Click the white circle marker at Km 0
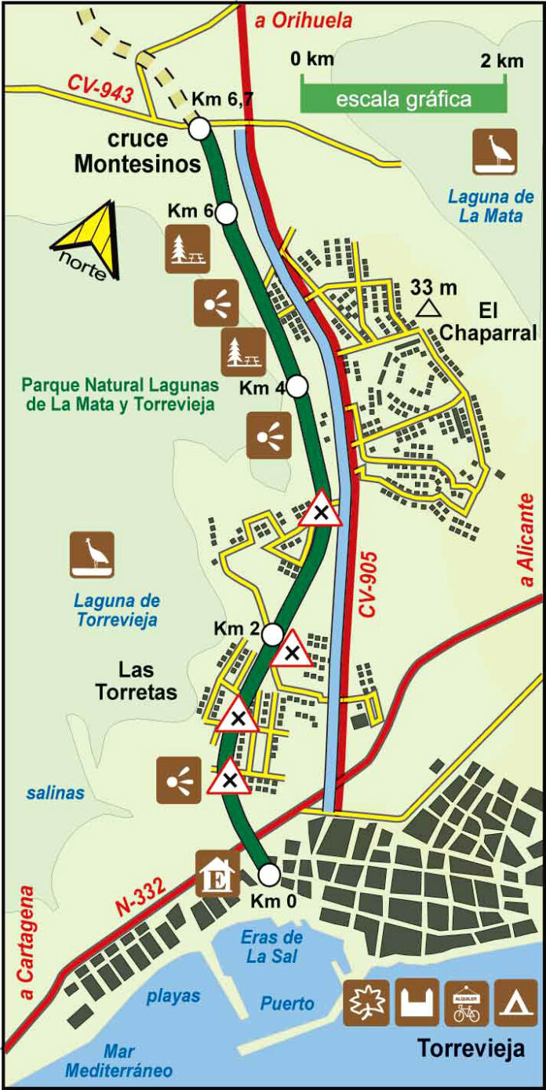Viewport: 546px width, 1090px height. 269,874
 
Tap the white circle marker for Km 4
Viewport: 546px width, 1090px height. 297,386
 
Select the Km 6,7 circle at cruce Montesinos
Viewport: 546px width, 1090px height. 199,127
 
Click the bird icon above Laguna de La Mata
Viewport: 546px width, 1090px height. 494,152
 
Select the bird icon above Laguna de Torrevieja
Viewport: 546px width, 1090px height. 92,555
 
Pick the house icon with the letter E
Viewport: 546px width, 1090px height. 217,873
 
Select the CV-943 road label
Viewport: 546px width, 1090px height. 96,91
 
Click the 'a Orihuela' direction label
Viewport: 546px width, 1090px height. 303,21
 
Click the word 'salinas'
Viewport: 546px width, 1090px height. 55,793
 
